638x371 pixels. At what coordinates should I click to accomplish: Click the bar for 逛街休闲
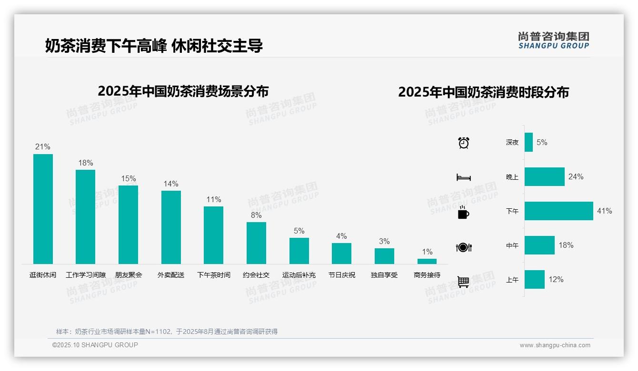[x=43, y=209]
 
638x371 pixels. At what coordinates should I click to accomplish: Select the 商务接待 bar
[x=427, y=261]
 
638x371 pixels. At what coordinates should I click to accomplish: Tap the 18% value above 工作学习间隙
[x=86, y=163]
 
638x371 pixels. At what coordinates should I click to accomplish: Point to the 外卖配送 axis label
[x=171, y=275]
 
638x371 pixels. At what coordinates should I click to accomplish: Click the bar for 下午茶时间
[x=213, y=235]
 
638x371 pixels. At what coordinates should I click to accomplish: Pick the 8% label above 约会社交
[x=256, y=215]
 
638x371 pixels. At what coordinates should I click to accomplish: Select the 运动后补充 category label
[x=299, y=275]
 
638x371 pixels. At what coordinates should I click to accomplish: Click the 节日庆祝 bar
[x=341, y=254]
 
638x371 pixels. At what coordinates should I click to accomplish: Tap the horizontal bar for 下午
[x=559, y=211]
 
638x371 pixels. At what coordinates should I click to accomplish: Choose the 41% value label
[x=605, y=211]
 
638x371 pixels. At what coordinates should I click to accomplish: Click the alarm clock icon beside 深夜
[x=464, y=143]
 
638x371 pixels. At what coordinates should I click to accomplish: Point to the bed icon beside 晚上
[x=464, y=177]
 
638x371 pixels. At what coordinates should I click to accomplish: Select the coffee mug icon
[x=464, y=213]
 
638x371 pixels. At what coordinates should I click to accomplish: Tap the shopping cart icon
[x=464, y=282]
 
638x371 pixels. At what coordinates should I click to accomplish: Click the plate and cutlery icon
[x=464, y=247]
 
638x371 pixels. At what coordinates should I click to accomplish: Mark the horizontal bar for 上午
[x=535, y=280]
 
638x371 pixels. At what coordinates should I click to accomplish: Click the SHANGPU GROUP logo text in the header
[x=554, y=46]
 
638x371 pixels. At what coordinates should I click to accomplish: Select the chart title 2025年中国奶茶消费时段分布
[x=483, y=92]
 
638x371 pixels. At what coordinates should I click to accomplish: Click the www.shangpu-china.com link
[x=555, y=345]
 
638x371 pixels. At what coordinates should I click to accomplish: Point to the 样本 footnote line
[x=167, y=332]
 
